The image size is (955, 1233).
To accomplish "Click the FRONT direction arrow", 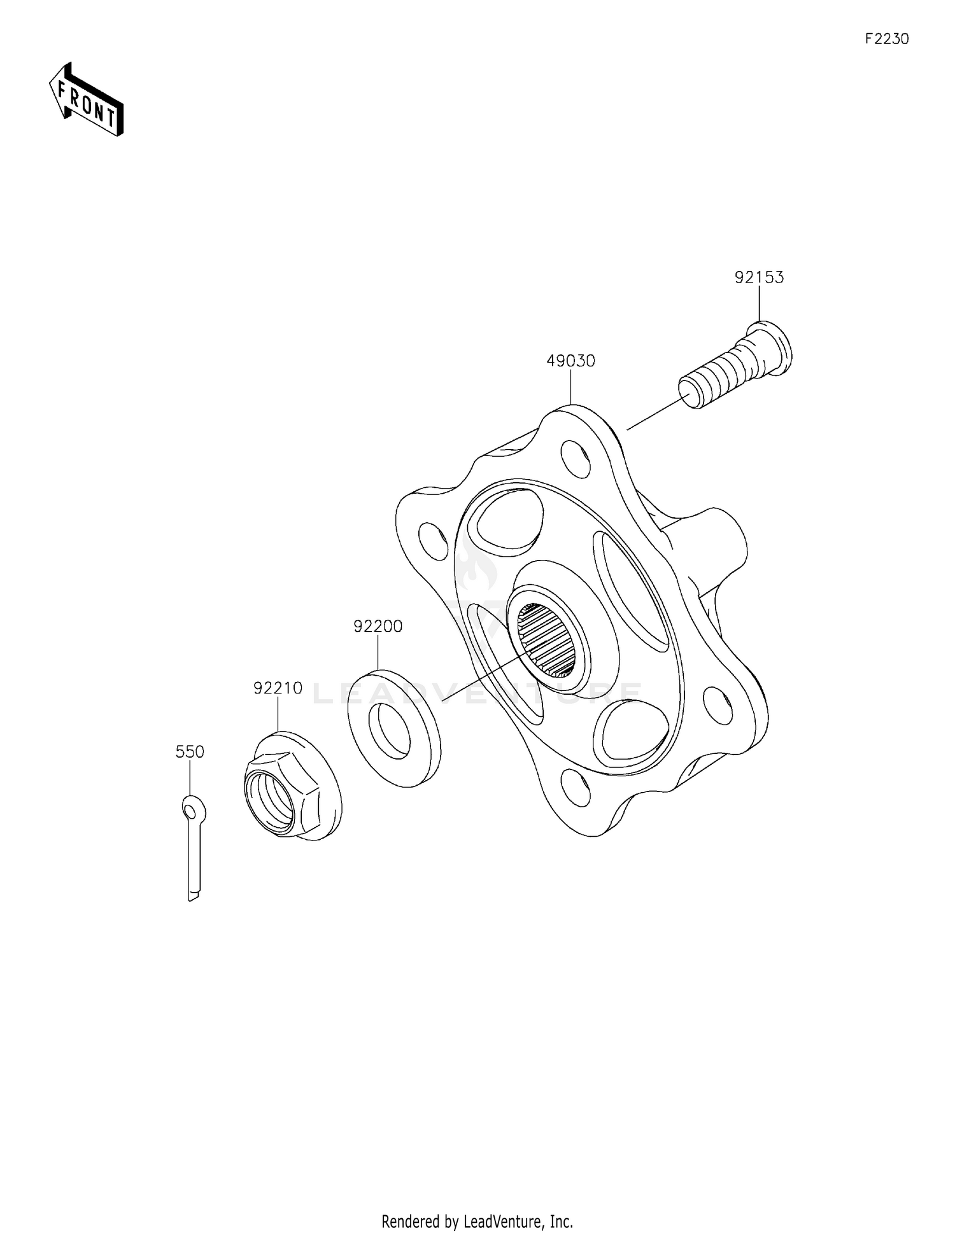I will tap(86, 101).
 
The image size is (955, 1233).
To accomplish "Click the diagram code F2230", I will tap(886, 39).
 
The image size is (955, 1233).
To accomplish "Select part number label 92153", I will tap(759, 277).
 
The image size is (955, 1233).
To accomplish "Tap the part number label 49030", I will tap(570, 361).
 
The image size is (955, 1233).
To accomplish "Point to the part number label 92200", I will tap(378, 627).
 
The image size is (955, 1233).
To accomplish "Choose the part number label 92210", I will tap(278, 688).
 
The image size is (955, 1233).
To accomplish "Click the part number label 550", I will tap(190, 752).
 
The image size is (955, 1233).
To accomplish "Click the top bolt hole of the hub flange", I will tap(575, 457).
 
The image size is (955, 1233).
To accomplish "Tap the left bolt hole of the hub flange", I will tap(433, 541).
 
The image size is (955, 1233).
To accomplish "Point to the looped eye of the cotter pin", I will tap(192, 809).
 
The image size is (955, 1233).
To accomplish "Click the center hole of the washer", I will tap(390, 731).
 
